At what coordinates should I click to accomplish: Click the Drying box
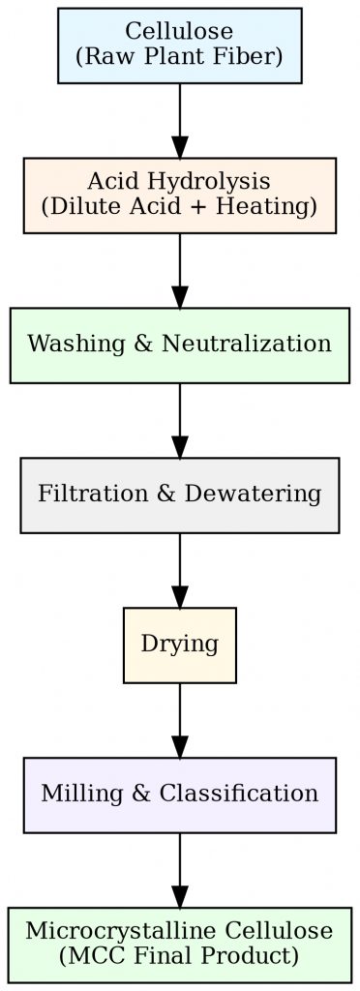180,645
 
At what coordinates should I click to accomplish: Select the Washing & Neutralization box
180,345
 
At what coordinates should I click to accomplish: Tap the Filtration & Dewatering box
180,495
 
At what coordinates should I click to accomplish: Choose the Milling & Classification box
180,795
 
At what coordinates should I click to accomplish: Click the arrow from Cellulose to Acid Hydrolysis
180,120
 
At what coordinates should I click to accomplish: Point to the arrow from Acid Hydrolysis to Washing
180,270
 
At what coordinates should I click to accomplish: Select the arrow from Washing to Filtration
180,420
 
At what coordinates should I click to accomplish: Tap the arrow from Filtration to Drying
180,570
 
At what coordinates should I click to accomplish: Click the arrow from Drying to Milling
180,720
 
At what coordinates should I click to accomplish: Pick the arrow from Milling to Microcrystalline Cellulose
180,870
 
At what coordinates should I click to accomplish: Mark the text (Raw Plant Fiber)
180,57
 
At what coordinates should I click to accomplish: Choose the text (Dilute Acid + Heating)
180,206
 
